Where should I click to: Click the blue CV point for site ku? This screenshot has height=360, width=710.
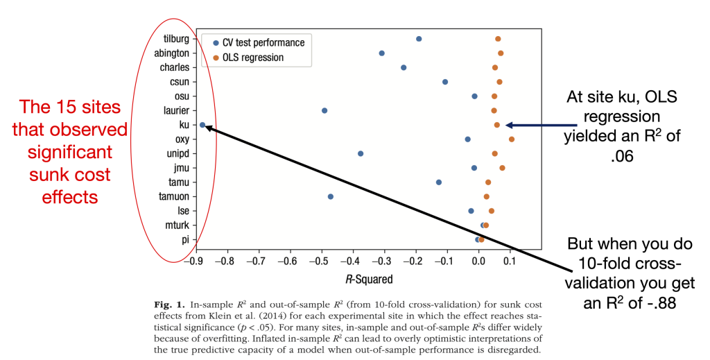pos(202,125)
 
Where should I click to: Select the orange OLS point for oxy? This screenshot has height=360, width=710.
pos(512,139)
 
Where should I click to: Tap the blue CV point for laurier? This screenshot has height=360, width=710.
pos(324,110)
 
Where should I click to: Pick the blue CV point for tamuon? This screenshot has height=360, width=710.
pos(331,196)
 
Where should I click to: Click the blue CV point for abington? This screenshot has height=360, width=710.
pos(382,53)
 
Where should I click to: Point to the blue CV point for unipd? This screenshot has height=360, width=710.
pos(361,153)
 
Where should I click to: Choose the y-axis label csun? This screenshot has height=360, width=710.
pos(179,82)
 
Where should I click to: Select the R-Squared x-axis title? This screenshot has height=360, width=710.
pos(369,280)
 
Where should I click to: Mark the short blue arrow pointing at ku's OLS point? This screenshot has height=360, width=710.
pos(538,126)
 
